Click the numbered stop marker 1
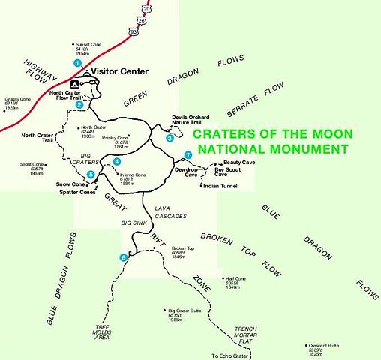point(76,64)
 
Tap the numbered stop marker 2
point(79,104)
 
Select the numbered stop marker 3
point(170,138)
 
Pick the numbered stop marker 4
point(116,162)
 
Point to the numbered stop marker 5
point(91,175)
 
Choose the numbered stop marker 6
point(123,258)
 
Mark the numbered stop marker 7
point(187,155)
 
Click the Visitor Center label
point(119,72)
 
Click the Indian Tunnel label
point(220,186)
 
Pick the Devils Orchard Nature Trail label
point(190,119)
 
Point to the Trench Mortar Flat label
point(251,334)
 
